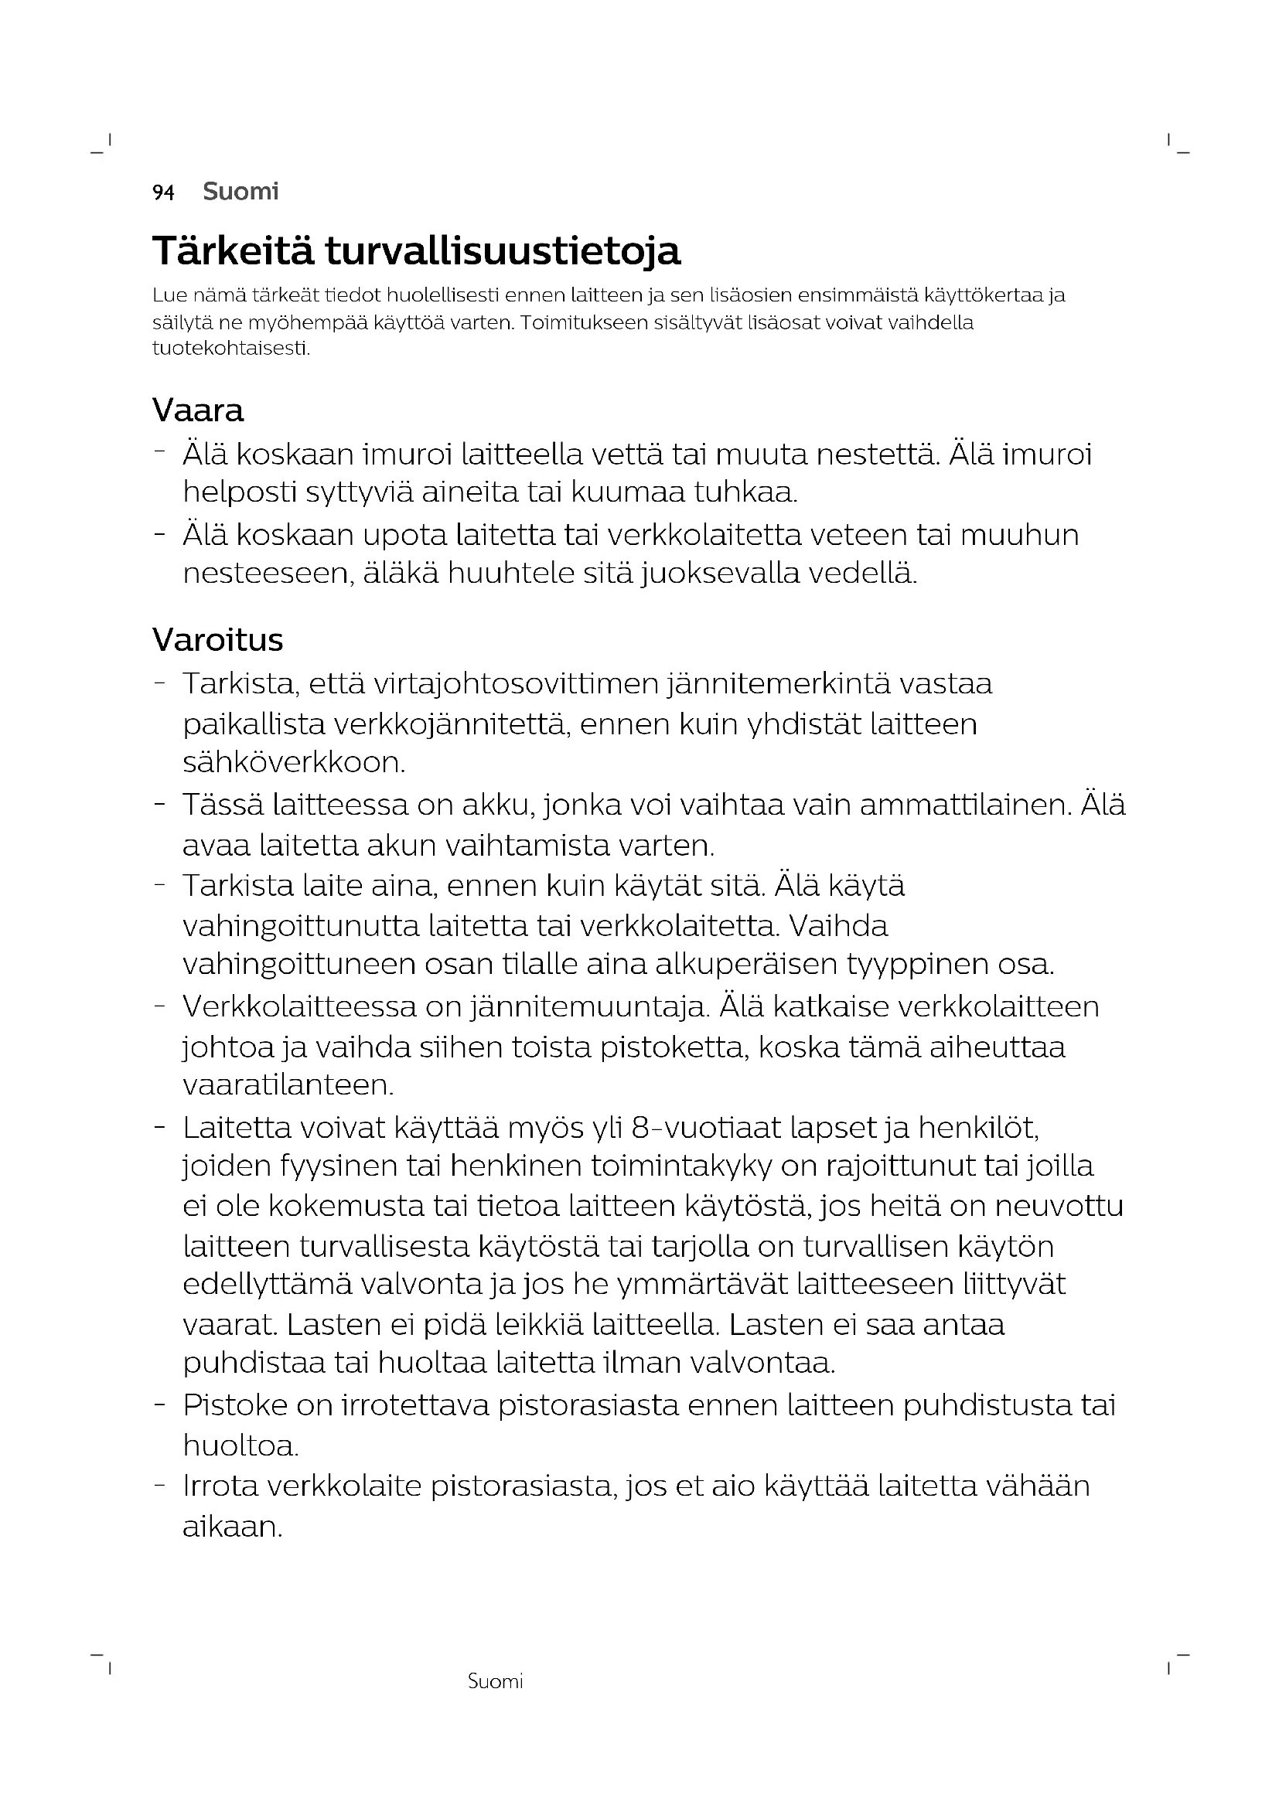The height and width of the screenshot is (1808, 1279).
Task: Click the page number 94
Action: pyautogui.click(x=163, y=192)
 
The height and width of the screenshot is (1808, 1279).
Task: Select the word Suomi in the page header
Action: pyautogui.click(x=240, y=192)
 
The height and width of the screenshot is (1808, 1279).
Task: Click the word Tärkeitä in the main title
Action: pyautogui.click(x=233, y=251)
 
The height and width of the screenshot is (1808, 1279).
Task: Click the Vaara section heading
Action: pyautogui.click(x=198, y=410)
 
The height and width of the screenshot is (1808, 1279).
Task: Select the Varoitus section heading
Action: pyautogui.click(x=217, y=639)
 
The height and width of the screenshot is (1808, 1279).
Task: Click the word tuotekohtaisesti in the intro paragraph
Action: pyautogui.click(x=230, y=348)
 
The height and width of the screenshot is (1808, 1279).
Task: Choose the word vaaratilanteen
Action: pyautogui.click(x=288, y=1085)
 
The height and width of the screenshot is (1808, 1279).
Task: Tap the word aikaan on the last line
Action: pyautogui.click(x=231, y=1527)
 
